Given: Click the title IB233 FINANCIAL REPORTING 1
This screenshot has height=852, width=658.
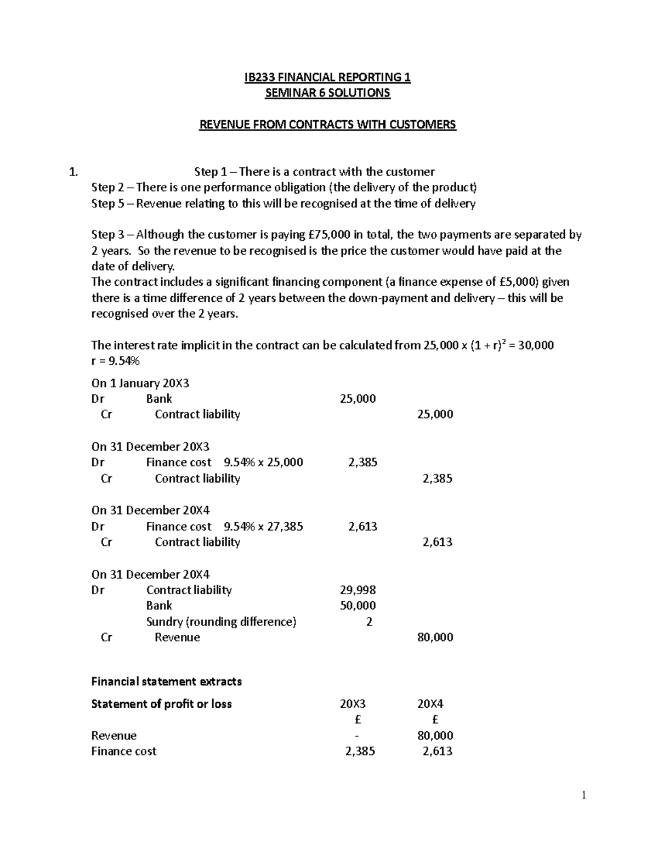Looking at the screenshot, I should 327,77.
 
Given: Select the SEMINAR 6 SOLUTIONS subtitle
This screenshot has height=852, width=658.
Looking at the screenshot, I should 327,93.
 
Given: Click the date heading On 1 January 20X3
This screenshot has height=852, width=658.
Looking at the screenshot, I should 140,383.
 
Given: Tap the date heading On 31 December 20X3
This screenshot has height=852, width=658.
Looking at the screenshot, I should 150,447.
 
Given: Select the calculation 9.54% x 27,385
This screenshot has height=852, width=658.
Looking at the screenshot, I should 263,527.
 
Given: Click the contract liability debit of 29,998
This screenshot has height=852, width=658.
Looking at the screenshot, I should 358,590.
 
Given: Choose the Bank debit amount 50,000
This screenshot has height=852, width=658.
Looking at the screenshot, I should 358,606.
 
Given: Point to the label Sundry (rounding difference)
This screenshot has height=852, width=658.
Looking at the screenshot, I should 221,622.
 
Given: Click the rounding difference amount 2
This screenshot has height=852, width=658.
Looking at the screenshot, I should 369,622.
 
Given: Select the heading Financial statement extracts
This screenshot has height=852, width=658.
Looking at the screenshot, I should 166,681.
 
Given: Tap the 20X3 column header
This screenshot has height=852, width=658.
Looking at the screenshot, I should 353,704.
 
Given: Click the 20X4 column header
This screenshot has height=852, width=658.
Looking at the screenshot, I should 430,704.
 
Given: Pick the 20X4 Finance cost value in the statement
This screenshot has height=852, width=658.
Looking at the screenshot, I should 437,752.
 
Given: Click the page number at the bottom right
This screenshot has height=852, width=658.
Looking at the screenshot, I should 584,795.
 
